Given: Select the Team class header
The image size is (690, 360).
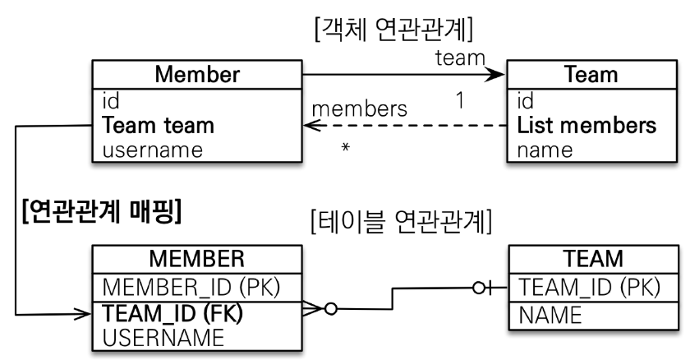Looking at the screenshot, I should (591, 75).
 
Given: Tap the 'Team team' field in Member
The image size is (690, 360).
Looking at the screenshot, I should (158, 127).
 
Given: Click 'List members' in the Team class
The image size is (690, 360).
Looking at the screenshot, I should (586, 127).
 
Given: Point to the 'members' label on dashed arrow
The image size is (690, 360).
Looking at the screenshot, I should (359, 108).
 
